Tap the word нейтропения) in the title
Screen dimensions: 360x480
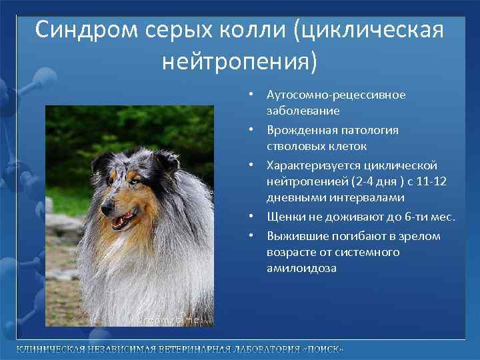240,62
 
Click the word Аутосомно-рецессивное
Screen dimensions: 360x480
336,95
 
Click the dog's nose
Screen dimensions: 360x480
105,211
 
